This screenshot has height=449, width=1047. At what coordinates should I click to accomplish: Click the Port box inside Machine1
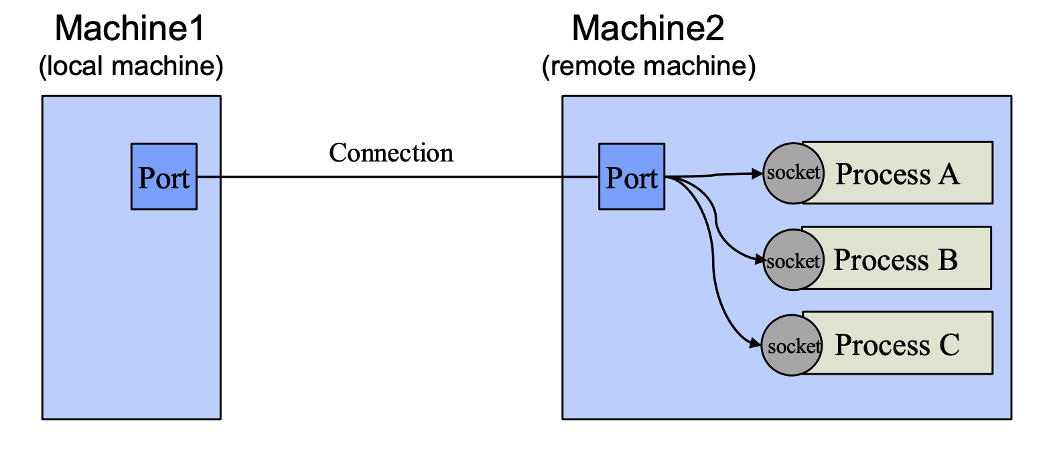coord(164,176)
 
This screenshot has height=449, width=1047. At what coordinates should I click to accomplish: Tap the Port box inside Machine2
coord(632,176)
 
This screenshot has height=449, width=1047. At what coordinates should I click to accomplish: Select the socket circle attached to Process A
coord(792,173)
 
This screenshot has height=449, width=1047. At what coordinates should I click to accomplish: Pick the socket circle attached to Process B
coord(792,260)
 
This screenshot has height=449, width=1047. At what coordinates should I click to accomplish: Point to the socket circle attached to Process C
coord(792,346)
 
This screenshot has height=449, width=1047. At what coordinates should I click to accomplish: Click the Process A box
coord(898,173)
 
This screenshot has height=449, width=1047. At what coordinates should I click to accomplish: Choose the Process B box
coord(896,258)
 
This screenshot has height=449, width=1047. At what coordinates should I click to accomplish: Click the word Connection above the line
coord(391,153)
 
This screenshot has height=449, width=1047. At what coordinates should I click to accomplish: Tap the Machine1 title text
coord(129,29)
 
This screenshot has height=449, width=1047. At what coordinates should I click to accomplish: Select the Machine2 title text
coord(648,29)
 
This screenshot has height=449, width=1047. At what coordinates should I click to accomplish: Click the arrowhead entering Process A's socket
coord(759,174)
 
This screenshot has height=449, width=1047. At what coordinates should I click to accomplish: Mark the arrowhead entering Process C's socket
coord(758,344)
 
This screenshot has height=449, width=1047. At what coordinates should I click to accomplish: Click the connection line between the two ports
coord(398,178)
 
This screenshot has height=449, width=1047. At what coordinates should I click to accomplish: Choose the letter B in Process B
coord(947,260)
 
